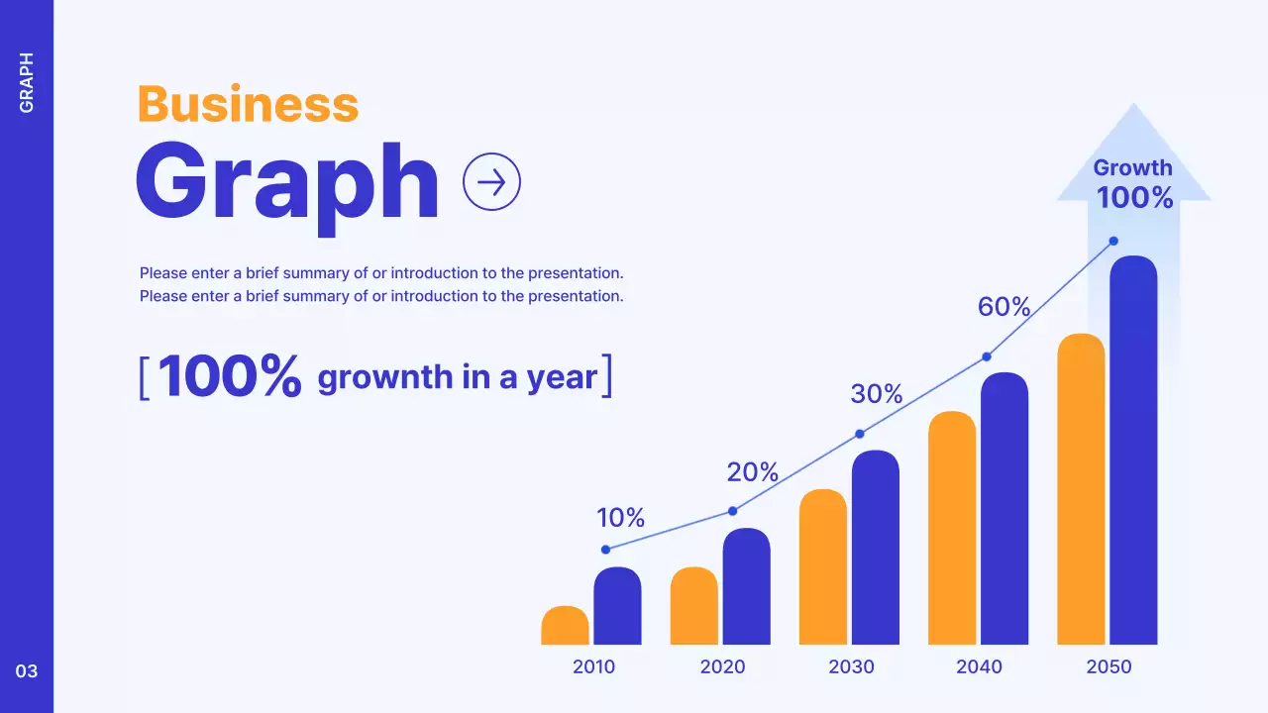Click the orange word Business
248,104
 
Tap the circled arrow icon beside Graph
491,181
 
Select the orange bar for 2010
565,626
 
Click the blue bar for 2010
617,606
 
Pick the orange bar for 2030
822,567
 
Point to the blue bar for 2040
1004,509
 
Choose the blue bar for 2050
1133,451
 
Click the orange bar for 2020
693,606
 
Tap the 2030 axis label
851,666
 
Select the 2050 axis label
1109,666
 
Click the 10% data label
620,517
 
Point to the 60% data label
1004,307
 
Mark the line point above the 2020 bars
733,511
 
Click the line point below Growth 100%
1113,241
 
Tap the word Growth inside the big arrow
1132,167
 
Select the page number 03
27,671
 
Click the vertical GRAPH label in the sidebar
27,82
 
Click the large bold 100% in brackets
229,376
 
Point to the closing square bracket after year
607,376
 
